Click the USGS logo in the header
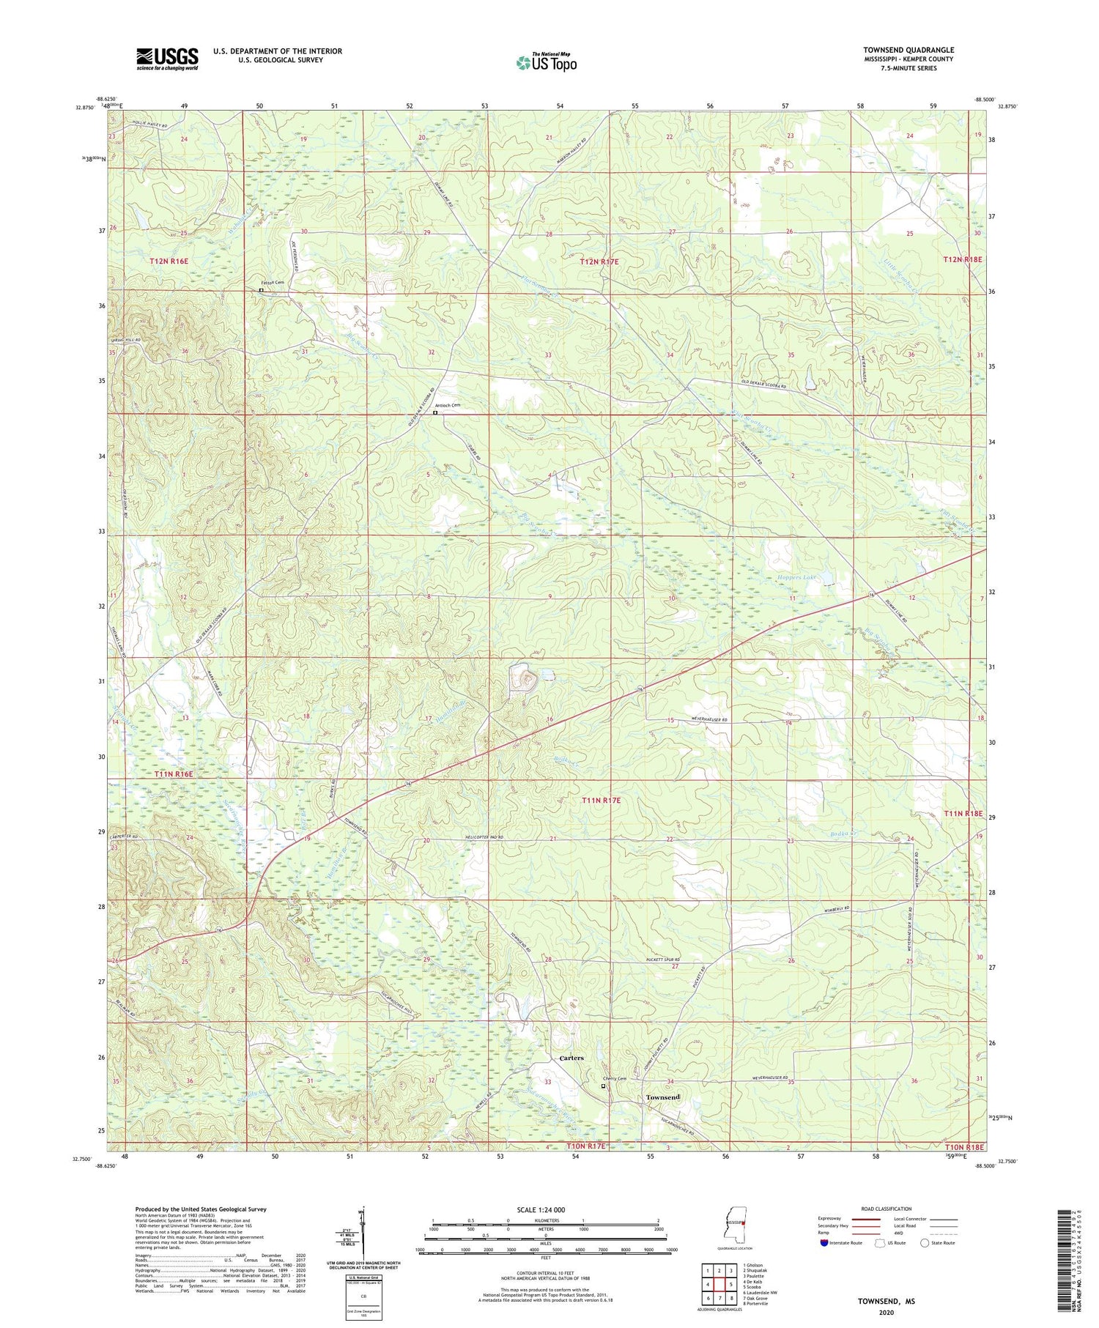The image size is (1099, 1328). pos(167,59)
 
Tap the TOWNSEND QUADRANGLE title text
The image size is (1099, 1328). pos(908,50)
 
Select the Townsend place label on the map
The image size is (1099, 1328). pos(663,1097)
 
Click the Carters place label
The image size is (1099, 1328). pos(571,1058)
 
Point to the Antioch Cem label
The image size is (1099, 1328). pos(448,406)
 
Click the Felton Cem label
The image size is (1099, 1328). pos(272,283)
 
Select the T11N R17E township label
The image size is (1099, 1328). pos(601,801)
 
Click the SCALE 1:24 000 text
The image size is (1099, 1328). pos(546,1209)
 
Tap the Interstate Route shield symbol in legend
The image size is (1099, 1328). pos(825,1243)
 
